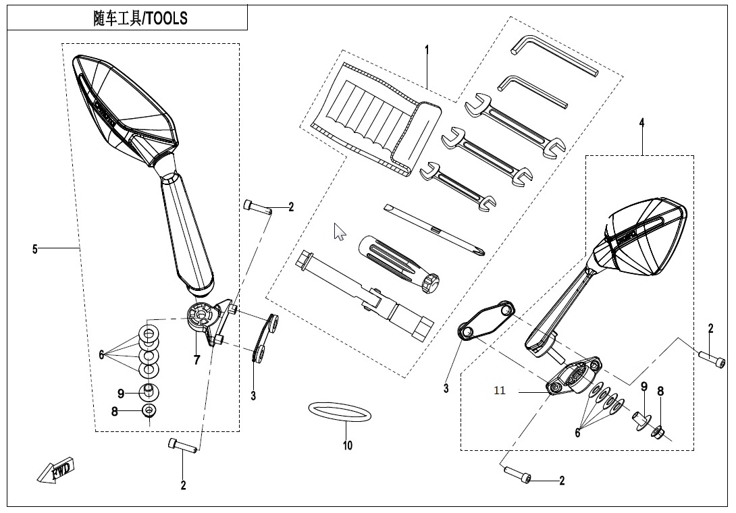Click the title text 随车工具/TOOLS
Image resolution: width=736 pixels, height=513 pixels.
click(140, 18)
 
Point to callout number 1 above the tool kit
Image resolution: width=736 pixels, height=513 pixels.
click(427, 49)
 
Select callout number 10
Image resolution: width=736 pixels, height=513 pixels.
click(347, 446)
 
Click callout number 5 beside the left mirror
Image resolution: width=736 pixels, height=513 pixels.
click(35, 249)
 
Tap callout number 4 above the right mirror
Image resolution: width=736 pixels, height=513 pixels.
click(641, 122)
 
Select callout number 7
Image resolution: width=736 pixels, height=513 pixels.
click(196, 360)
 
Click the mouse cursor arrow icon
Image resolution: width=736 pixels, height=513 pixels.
click(340, 232)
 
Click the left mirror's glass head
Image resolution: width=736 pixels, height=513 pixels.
click(125, 105)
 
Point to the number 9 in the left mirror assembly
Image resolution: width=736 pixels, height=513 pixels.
click(121, 393)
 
